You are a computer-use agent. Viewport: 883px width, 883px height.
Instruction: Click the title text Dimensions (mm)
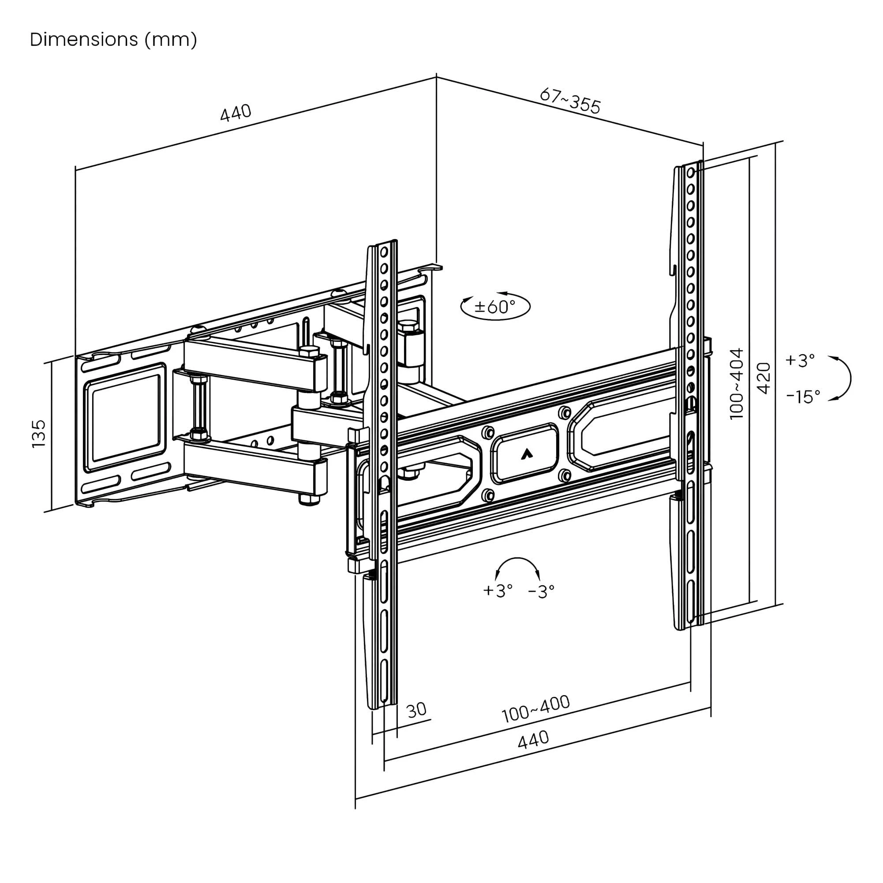pyautogui.click(x=113, y=40)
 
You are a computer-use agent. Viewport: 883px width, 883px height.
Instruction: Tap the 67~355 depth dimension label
pyautogui.click(x=570, y=101)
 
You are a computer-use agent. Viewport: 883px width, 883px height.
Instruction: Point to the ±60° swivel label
pyautogui.click(x=495, y=306)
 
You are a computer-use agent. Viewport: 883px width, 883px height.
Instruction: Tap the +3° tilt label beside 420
pyautogui.click(x=800, y=361)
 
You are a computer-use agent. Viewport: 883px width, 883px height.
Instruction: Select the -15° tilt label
pyautogui.click(x=803, y=396)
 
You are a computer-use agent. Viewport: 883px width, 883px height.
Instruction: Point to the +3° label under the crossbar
pyautogui.click(x=498, y=591)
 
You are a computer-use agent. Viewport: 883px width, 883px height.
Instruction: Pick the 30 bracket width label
pyautogui.click(x=416, y=710)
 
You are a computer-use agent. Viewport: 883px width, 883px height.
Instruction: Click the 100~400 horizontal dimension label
pyautogui.click(x=535, y=709)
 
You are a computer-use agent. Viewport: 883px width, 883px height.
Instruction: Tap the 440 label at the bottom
pyautogui.click(x=533, y=740)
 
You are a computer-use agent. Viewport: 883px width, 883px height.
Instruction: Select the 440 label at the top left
pyautogui.click(x=236, y=113)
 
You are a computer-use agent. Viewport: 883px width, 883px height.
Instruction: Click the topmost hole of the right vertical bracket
pyautogui.click(x=691, y=172)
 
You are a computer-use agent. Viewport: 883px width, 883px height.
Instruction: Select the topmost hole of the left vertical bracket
pyautogui.click(x=384, y=251)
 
